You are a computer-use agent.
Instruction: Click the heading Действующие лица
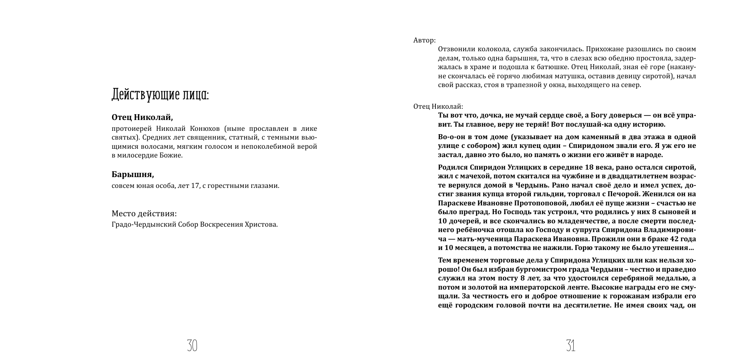click(160, 95)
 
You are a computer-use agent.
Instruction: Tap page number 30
click(192, 345)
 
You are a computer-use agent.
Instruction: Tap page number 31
click(571, 345)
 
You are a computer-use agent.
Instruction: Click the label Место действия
click(144, 214)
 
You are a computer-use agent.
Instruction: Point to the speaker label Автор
click(424, 40)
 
